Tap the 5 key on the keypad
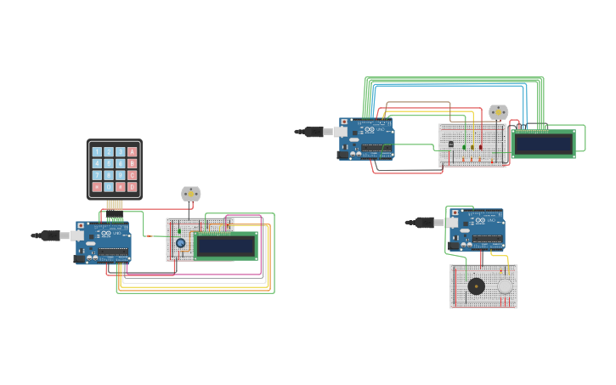(109, 164)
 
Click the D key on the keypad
(132, 186)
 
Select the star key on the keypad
(97, 186)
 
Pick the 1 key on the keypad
(97, 152)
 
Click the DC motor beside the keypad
(191, 194)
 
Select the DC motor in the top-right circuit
(498, 112)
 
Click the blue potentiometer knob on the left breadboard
(180, 243)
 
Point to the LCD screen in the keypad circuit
(225, 246)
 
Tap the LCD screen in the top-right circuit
(543, 144)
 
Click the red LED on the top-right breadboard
(480, 147)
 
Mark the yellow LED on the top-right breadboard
(472, 147)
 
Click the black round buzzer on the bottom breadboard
(477, 286)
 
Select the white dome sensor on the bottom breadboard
(506, 286)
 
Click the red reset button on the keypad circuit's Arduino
(81, 225)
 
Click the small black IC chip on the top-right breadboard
(450, 144)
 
